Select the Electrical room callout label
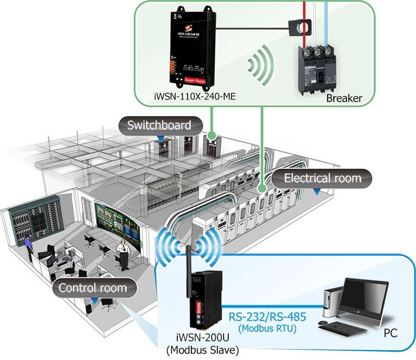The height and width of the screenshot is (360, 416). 322,178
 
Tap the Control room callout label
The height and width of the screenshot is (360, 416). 93,288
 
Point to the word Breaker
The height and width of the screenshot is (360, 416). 344,98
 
